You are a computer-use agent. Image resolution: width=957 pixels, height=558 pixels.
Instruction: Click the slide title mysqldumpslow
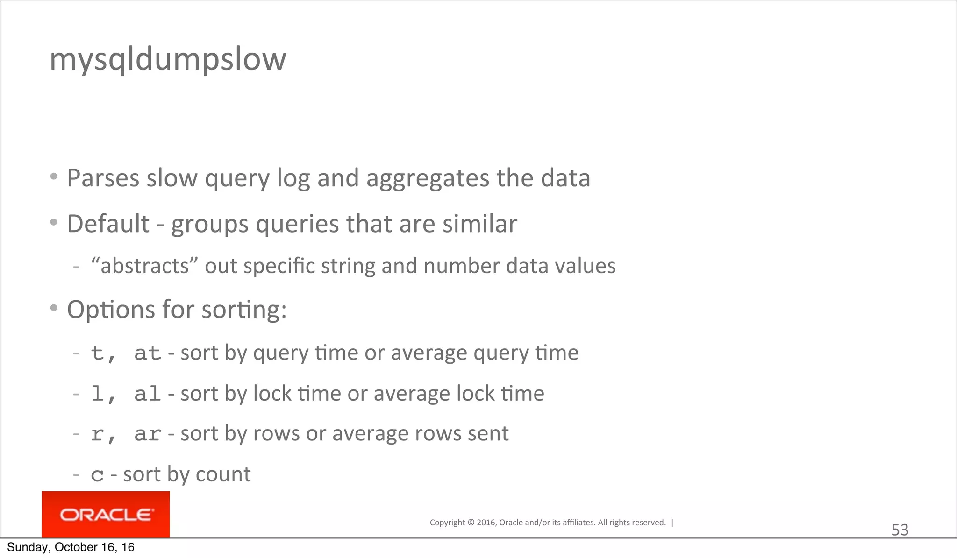pos(168,60)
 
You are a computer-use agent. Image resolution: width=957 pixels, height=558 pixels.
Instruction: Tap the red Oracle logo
pos(106,515)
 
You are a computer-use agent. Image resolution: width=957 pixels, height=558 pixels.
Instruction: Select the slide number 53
pos(900,530)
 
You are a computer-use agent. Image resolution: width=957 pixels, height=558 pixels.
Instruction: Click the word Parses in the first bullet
pos(103,178)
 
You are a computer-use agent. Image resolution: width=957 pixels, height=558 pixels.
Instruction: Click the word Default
pos(108,224)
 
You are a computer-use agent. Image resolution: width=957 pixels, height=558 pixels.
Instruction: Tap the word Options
pos(111,310)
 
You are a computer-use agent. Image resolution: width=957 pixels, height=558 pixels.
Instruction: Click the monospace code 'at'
pos(147,353)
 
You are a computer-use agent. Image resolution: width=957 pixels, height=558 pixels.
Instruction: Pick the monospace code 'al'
pos(147,394)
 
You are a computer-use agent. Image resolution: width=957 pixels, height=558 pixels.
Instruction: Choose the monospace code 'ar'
pos(147,435)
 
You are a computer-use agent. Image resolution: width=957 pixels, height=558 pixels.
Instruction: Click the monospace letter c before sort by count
pos(97,475)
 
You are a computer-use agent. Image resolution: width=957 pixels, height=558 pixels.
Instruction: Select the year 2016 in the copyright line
pos(486,523)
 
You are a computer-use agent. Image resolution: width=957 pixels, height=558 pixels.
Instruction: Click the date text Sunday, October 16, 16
pos(71,547)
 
